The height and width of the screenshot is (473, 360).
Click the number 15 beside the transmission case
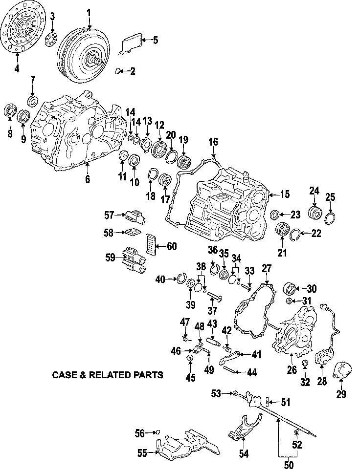pyautogui.click(x=285, y=194)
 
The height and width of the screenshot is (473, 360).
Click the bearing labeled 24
pyautogui.click(x=313, y=214)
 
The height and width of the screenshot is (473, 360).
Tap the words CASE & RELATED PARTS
pyautogui.click(x=107, y=375)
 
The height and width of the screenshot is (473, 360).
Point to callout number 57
pyautogui.click(x=109, y=214)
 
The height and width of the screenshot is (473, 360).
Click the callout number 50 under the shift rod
pyautogui.click(x=289, y=466)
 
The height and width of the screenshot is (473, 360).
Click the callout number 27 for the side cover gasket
pyautogui.click(x=266, y=268)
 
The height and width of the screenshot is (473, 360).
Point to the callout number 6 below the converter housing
pyautogui.click(x=88, y=179)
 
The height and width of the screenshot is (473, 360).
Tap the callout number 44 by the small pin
pyautogui.click(x=251, y=373)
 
